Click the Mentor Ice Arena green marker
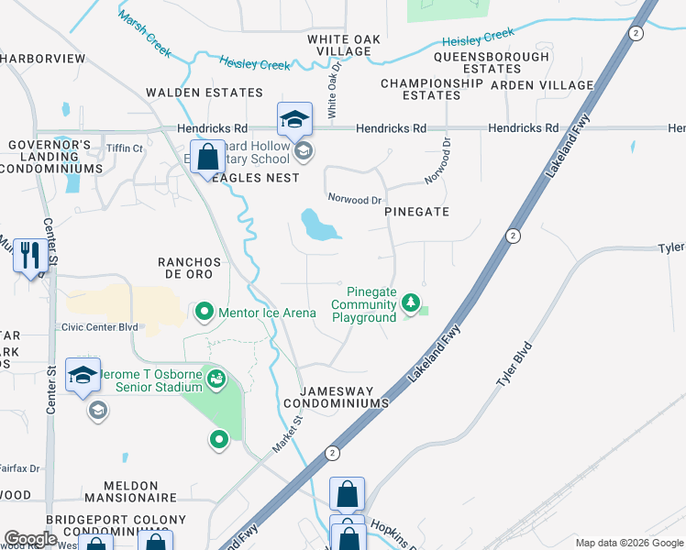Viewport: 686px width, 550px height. pos(205,313)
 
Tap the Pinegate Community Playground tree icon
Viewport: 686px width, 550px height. pos(412,302)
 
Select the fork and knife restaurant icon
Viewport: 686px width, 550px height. pos(29,256)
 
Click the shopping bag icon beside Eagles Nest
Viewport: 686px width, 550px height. pos(208,159)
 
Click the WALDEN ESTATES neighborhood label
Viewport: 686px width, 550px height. pos(205,93)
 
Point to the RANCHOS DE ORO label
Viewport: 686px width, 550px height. pos(191,268)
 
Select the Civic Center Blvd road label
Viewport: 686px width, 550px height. pos(99,326)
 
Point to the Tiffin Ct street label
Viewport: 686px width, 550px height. pos(125,148)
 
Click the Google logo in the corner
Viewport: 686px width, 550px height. pos(30,539)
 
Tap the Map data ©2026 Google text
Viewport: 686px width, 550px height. pos(628,543)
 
